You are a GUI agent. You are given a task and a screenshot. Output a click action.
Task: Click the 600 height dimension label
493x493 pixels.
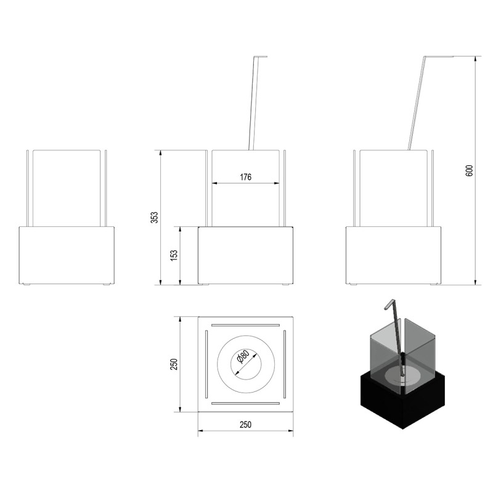pos(470,171)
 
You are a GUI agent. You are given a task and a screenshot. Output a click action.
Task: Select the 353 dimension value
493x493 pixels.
pos(155,218)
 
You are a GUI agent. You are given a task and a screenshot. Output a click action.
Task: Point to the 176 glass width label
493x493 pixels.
pos(245,177)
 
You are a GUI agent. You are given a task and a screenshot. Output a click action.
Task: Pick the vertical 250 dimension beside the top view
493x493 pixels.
pos(174,364)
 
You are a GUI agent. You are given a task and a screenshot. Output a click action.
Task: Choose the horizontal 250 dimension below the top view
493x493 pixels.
pos(245,425)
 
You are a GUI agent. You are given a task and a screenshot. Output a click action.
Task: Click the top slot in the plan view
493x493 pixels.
pos(245,325)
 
